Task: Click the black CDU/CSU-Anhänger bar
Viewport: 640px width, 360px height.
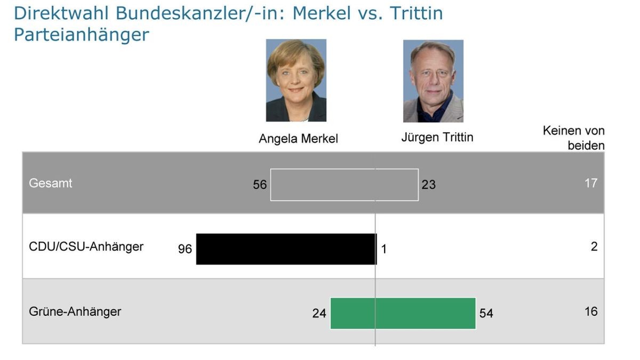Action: tap(286, 249)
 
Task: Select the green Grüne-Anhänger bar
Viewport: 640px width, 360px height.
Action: tap(403, 313)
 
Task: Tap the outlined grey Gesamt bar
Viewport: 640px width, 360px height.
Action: tap(344, 185)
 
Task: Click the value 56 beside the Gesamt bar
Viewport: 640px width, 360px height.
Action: tap(260, 185)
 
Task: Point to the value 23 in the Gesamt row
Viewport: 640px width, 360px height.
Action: tap(428, 185)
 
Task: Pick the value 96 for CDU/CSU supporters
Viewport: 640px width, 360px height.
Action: tap(185, 249)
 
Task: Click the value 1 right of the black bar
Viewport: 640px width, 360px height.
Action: tap(383, 249)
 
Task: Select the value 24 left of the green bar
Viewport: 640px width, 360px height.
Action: tap(319, 314)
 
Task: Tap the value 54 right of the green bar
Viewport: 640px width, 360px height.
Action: tap(486, 314)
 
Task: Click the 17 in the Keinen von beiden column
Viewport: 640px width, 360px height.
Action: tap(590, 183)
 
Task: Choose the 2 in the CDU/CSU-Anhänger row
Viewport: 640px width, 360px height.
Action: tap(594, 247)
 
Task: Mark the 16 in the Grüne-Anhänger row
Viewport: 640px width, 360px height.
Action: tap(590, 311)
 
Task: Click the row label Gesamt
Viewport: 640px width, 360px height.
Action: tap(51, 183)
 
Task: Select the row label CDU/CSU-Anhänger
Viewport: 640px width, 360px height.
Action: tap(86, 247)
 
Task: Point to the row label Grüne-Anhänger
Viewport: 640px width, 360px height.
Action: tap(75, 311)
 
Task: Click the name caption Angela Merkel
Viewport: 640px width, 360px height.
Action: tap(298, 139)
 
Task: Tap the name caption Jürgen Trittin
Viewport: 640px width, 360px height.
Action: tap(437, 138)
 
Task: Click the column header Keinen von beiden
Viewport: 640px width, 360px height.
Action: tap(574, 138)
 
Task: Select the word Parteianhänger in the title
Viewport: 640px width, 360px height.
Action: tap(81, 34)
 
